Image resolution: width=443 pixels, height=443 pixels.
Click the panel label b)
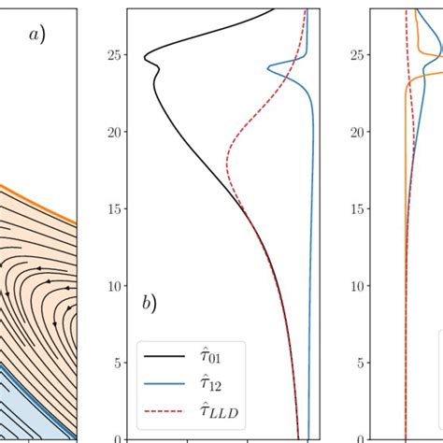click(149, 303)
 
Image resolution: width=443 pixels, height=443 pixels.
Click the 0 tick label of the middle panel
click(117, 438)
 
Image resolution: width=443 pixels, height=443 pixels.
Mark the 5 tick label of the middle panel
click(117, 362)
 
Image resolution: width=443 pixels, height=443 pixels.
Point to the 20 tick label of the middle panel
click(113, 132)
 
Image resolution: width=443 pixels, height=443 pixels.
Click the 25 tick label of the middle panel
click(113, 55)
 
